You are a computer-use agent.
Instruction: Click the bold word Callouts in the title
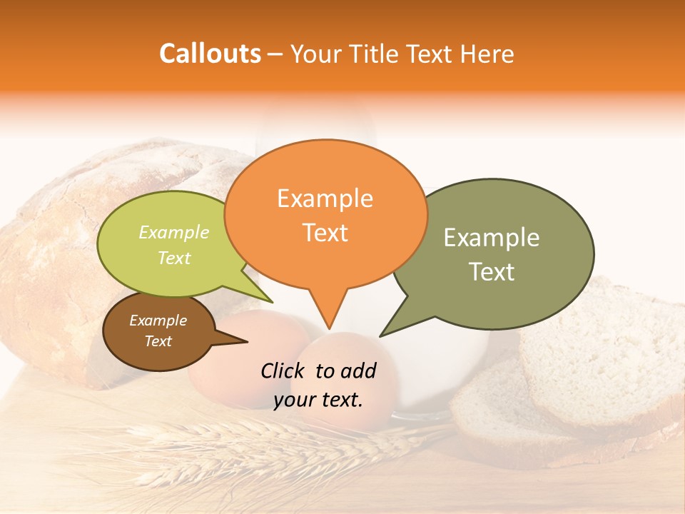point(210,54)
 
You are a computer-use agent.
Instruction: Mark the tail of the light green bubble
point(270,301)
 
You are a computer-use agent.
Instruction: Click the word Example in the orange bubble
point(325,198)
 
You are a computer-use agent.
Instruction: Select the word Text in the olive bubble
point(492,272)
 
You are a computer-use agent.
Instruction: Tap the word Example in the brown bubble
point(158,321)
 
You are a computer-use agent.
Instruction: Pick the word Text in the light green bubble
point(174,258)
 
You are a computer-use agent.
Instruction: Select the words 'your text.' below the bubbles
point(318,400)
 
